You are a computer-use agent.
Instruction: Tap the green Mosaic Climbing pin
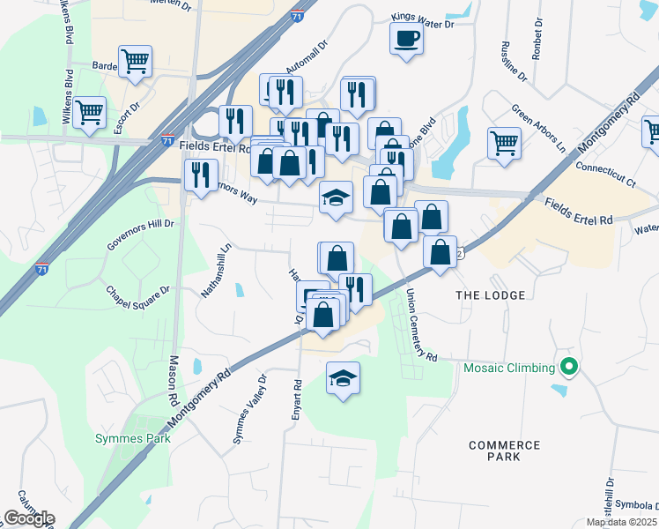tap(569, 367)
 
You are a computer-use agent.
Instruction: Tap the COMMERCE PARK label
tap(504, 451)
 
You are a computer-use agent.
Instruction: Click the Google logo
tap(28, 518)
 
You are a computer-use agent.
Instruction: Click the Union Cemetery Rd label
tap(420, 326)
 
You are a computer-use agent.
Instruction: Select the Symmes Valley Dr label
tap(248, 409)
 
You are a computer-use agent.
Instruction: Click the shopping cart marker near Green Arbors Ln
tap(504, 141)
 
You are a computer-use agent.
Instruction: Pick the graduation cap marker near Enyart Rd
tap(343, 379)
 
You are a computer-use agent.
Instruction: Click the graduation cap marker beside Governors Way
tap(335, 197)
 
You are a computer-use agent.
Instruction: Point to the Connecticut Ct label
tap(605, 174)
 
